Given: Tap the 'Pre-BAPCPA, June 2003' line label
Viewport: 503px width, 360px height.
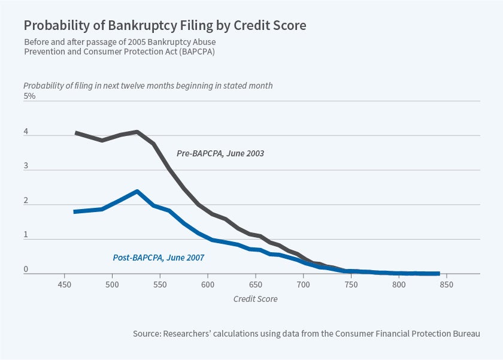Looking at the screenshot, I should (220, 153).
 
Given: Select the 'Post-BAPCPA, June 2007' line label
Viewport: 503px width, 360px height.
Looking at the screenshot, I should (159, 258).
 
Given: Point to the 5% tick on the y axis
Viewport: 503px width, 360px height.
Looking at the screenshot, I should (29, 96).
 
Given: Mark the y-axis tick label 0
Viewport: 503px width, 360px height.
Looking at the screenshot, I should (26, 270).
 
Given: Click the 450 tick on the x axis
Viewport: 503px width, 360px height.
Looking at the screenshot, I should (65, 285).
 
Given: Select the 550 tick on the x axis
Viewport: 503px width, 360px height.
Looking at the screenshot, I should (160, 285).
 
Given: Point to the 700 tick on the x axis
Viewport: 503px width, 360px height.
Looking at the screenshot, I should (303, 285).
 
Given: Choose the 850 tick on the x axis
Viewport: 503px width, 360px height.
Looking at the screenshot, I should (446, 285).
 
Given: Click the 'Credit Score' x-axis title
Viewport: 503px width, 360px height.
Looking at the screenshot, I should (255, 298).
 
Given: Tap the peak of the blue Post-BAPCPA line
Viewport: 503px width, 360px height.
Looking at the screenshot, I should (137, 191).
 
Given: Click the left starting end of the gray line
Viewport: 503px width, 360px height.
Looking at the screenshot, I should (75, 132).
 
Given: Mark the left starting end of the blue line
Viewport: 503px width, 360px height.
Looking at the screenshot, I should (74, 211).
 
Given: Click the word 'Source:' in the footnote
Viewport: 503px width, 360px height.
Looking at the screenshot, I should (147, 333).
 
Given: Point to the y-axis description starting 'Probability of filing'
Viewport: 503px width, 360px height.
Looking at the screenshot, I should (148, 86).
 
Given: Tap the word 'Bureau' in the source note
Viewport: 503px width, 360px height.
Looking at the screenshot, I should (464, 333).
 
